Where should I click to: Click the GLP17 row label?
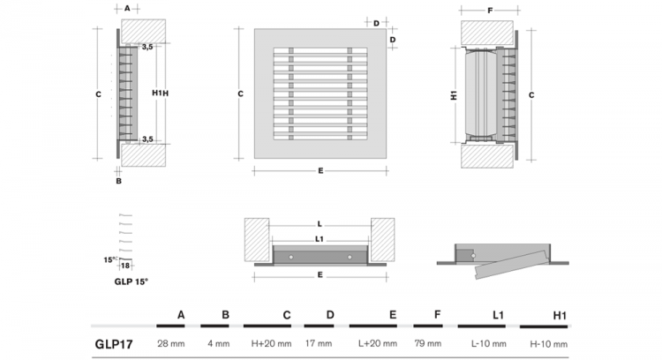click(114, 343)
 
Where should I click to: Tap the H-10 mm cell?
click(546, 343)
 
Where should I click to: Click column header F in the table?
click(439, 313)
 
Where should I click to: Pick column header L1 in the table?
click(498, 313)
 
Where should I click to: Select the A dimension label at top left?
click(128, 7)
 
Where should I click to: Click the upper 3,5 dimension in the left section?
click(147, 46)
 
